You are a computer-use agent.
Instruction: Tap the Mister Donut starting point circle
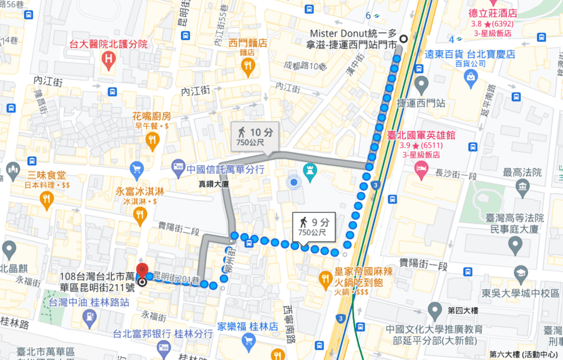403,38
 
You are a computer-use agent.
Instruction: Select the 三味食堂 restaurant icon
46,197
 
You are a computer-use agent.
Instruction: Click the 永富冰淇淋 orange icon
140,214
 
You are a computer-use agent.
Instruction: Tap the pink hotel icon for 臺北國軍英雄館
421,168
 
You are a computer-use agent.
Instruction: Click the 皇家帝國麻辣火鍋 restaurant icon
325,278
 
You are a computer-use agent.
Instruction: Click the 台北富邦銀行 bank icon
164,347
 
